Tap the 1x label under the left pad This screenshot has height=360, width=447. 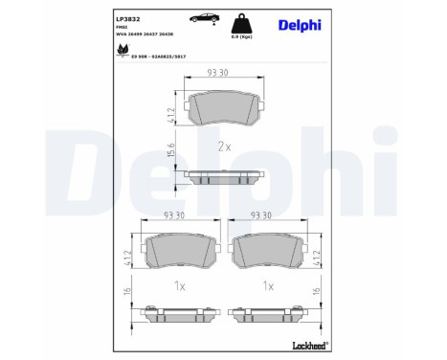pyautogui.click(x=177, y=285)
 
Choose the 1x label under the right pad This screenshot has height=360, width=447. pyautogui.click(x=268, y=285)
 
